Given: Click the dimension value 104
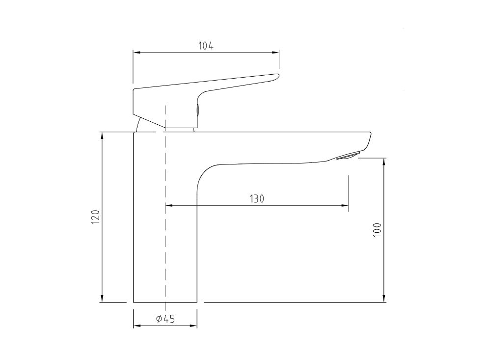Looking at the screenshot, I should [206, 46].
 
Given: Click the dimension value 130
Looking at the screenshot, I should [257, 198].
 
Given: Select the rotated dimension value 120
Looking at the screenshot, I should [96, 217].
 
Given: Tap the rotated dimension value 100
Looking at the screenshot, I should [377, 229].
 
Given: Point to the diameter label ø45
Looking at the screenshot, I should [165, 319].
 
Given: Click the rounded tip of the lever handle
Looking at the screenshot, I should [276, 76].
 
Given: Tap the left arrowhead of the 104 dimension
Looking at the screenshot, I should [136, 53].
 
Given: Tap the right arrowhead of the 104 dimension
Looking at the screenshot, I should [276, 53].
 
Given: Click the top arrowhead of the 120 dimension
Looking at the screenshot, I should [102, 135].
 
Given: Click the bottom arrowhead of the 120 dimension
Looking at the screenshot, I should [102, 299].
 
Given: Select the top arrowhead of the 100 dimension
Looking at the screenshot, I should [384, 161].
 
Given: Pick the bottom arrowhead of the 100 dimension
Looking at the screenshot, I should [384, 299].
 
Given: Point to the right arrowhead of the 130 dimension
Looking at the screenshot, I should [346, 205].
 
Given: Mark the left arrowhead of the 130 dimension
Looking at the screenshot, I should [168, 205].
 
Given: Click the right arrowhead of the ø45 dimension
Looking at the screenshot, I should [194, 325].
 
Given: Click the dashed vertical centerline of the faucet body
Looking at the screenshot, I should [165, 236].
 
